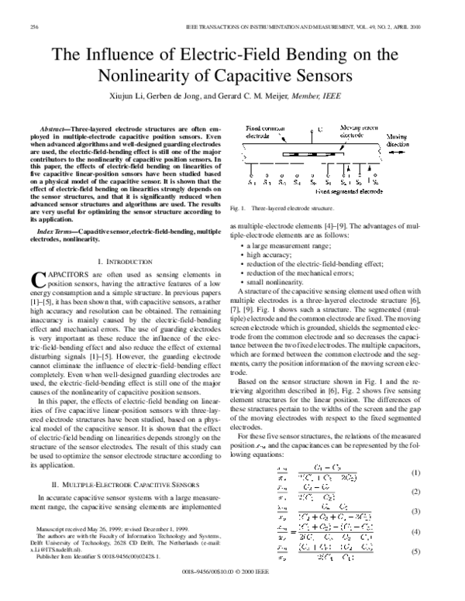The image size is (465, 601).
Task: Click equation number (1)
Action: coord(437,472)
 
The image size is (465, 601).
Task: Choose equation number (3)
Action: coord(437,512)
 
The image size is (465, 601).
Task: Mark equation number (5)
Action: coord(437,551)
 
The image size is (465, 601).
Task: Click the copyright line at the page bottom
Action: coord(232,592)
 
